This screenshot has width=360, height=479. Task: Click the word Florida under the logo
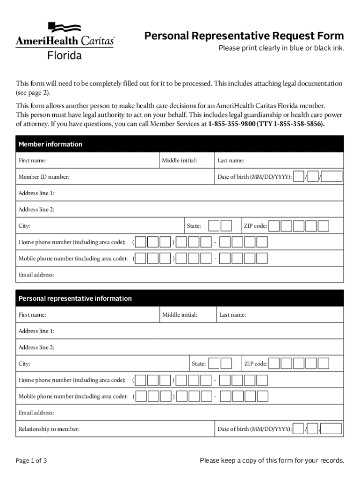[x=65, y=56]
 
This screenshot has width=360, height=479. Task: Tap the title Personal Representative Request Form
[x=244, y=36]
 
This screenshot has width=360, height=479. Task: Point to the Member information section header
[x=50, y=144]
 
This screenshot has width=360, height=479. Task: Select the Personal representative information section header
[x=75, y=298]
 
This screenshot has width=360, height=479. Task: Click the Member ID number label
[x=44, y=177]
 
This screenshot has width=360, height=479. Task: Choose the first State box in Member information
[x=214, y=226]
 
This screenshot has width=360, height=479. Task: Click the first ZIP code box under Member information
[x=274, y=226]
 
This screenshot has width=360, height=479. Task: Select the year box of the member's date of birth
[x=332, y=177]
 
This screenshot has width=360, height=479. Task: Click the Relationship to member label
[x=49, y=429]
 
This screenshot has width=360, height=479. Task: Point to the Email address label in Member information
[x=36, y=275]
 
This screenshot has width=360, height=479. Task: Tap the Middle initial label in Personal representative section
[x=180, y=315]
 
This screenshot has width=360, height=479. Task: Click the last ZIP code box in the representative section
[x=324, y=363]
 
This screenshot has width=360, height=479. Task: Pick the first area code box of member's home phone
[x=141, y=242]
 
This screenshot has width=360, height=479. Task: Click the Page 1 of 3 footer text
[x=31, y=461]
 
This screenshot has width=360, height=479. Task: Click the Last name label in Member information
[x=230, y=160]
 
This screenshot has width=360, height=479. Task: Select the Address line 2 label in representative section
[x=36, y=347]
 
